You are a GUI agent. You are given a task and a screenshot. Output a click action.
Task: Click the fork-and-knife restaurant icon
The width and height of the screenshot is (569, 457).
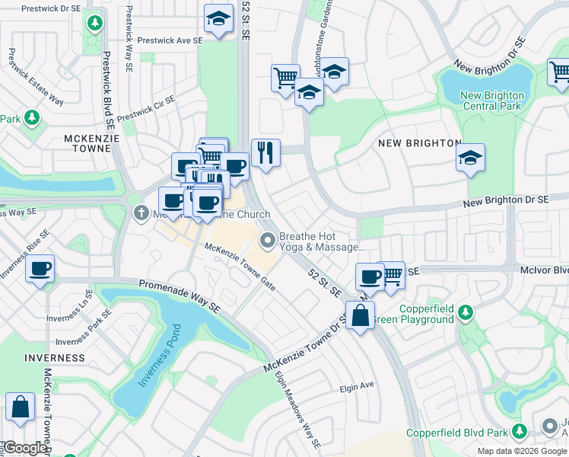click(x=265, y=152)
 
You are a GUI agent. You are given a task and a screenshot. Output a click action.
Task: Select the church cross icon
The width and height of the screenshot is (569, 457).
click(x=140, y=213)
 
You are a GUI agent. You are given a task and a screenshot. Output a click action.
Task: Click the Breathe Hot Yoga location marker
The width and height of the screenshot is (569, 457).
click(x=267, y=241)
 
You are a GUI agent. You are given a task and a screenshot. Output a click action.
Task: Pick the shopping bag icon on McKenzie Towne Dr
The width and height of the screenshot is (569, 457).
click(x=360, y=315)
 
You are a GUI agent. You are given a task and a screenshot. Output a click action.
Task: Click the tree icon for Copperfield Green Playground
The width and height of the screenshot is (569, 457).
click(x=467, y=312)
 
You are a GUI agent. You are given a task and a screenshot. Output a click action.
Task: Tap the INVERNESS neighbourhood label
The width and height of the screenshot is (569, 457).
click(x=55, y=357)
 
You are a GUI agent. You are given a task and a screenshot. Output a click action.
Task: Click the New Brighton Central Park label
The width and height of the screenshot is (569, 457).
click(x=492, y=101)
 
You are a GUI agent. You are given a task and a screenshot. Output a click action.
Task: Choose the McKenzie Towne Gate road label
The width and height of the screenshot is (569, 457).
click(x=240, y=266)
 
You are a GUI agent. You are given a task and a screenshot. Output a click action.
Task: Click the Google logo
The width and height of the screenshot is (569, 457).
click(x=24, y=448)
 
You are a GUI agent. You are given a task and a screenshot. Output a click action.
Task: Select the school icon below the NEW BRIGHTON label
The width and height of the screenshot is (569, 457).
click(x=471, y=158)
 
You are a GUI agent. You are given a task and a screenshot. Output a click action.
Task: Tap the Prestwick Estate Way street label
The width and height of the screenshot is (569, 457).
click(x=35, y=77)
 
